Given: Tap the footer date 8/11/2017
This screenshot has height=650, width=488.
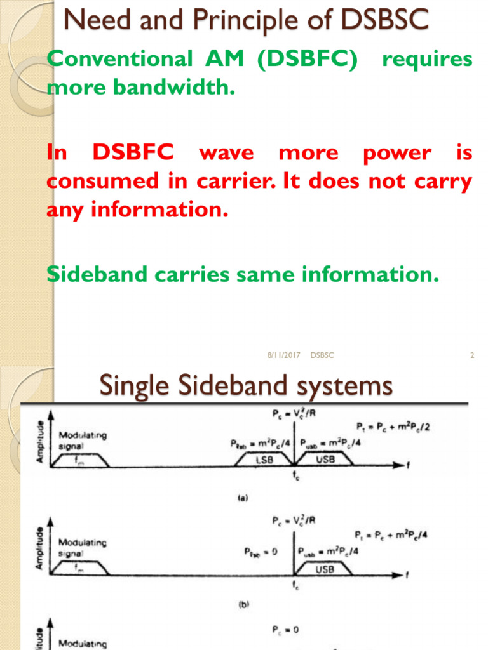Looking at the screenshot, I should tap(283, 356).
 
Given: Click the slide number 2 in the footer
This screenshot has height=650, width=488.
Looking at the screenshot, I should tap(472, 356).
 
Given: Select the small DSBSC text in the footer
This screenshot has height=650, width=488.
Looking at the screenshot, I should tap(322, 356).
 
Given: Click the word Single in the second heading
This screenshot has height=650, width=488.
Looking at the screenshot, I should tap(135, 387).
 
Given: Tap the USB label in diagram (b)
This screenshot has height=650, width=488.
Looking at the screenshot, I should tap(324, 569).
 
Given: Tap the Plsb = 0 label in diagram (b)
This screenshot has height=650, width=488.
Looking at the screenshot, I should tap(261, 552).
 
